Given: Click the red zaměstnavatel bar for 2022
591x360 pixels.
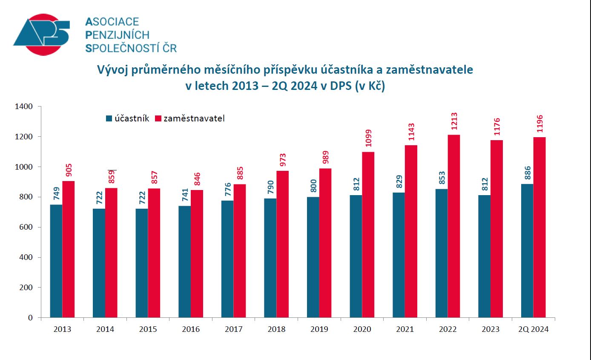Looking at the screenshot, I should (454, 226).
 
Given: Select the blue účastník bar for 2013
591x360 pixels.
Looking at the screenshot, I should (56, 261).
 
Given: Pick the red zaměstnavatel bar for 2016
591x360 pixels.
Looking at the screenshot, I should (197, 253).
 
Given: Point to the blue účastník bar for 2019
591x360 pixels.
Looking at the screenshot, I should (313, 257).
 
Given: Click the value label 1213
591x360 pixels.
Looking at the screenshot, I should (454, 121).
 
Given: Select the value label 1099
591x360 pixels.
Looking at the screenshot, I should (368, 138).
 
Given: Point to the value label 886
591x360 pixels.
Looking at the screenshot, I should (527, 173).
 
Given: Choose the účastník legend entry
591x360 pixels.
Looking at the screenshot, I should (127, 118).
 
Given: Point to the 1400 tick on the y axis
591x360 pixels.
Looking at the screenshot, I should (24, 107).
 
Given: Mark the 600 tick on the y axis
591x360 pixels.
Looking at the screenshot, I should (26, 227).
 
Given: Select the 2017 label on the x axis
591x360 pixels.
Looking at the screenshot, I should (234, 329).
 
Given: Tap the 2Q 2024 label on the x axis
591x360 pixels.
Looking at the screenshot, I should (534, 329).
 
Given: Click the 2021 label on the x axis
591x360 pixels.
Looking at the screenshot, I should (405, 329).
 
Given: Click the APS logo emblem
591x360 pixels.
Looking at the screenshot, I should (41, 35).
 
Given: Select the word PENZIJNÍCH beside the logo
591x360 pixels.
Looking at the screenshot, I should (118, 35).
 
